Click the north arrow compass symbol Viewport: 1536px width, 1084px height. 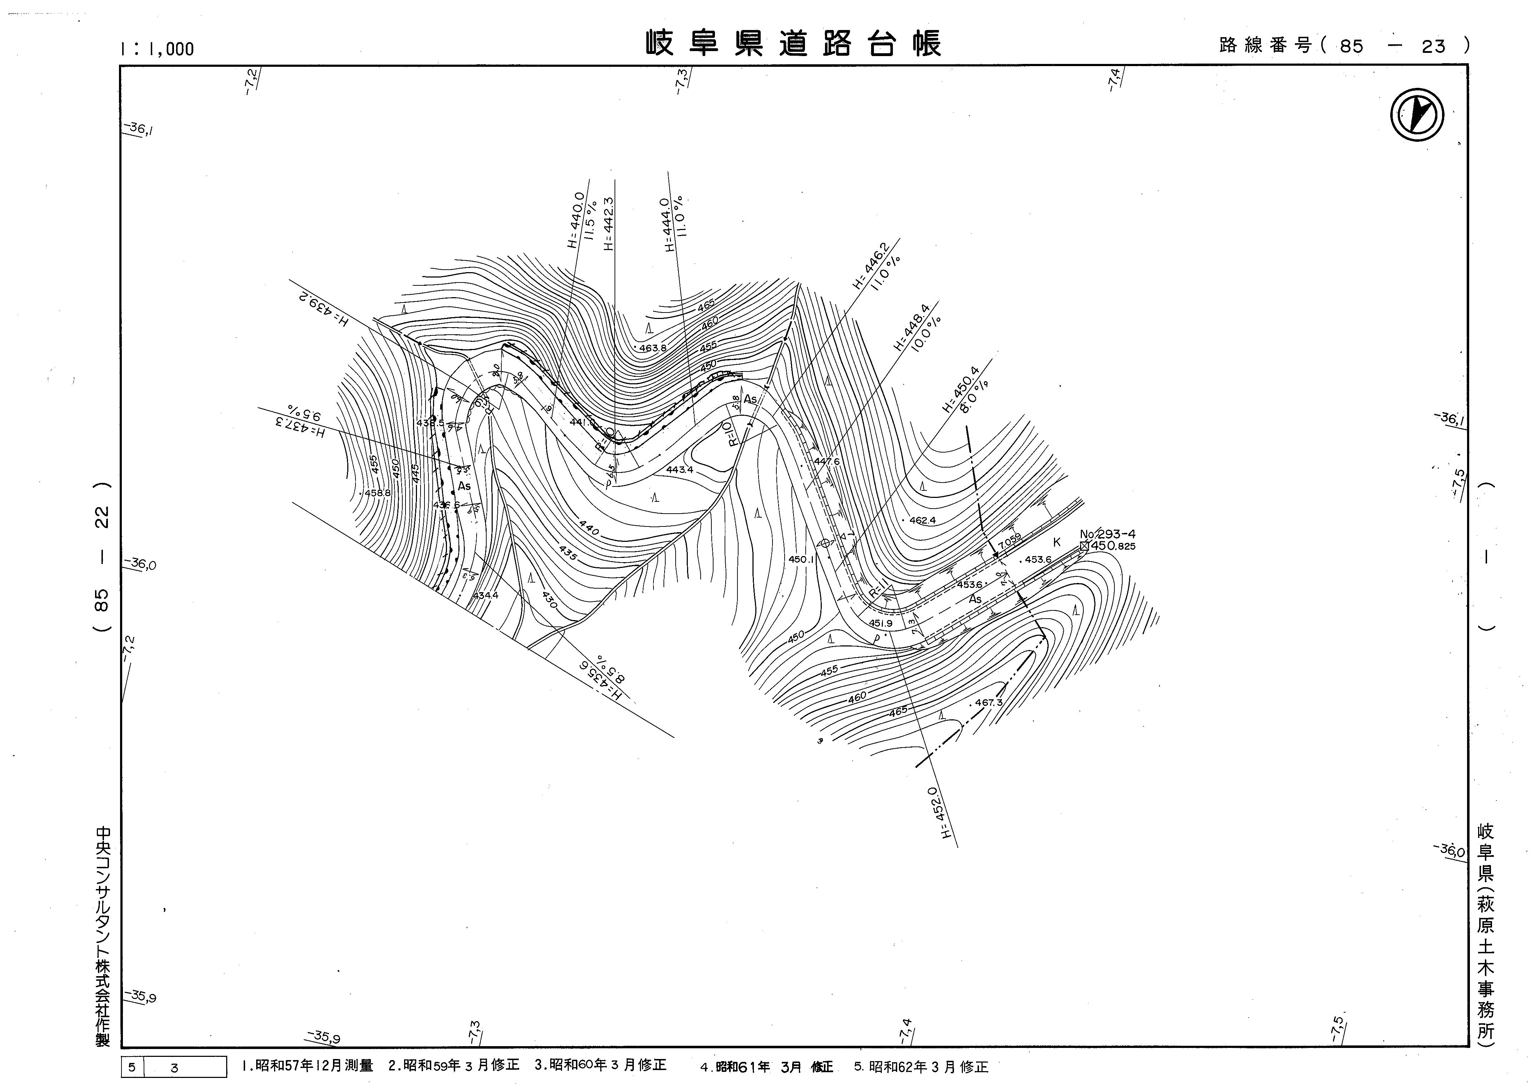pyautogui.click(x=1416, y=115)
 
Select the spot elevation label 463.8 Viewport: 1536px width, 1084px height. pyautogui.click(x=653, y=348)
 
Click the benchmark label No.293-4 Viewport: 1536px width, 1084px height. pyautogui.click(x=1107, y=534)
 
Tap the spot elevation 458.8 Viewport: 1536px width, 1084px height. pyautogui.click(x=378, y=493)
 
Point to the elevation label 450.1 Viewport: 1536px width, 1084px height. pyautogui.click(x=801, y=559)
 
